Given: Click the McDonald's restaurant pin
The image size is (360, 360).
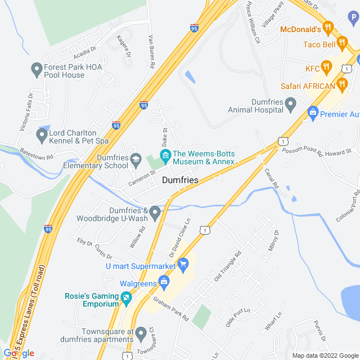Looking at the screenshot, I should pyautogui.click(x=329, y=27).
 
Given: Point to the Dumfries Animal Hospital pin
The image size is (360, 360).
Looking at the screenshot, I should pyautogui.click(x=290, y=103).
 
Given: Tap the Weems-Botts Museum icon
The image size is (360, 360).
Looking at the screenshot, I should pyautogui.click(x=165, y=154).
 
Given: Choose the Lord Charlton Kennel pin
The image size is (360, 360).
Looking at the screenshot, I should pyautogui.click(x=41, y=136).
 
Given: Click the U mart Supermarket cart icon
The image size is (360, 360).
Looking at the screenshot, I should pyautogui.click(x=183, y=263).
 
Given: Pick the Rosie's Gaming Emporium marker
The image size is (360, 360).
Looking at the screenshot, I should pyautogui.click(x=126, y=298).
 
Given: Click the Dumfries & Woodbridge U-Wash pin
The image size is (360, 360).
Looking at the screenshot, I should pyautogui.click(x=155, y=212).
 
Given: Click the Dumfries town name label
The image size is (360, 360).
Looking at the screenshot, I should pyautogui.click(x=180, y=180).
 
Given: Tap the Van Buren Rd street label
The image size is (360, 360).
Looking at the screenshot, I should pyautogui.click(x=151, y=51).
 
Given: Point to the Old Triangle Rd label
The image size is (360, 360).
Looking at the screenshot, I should pyautogui.click(x=227, y=268).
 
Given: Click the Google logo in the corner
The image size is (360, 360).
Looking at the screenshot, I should pyautogui.click(x=18, y=353).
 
